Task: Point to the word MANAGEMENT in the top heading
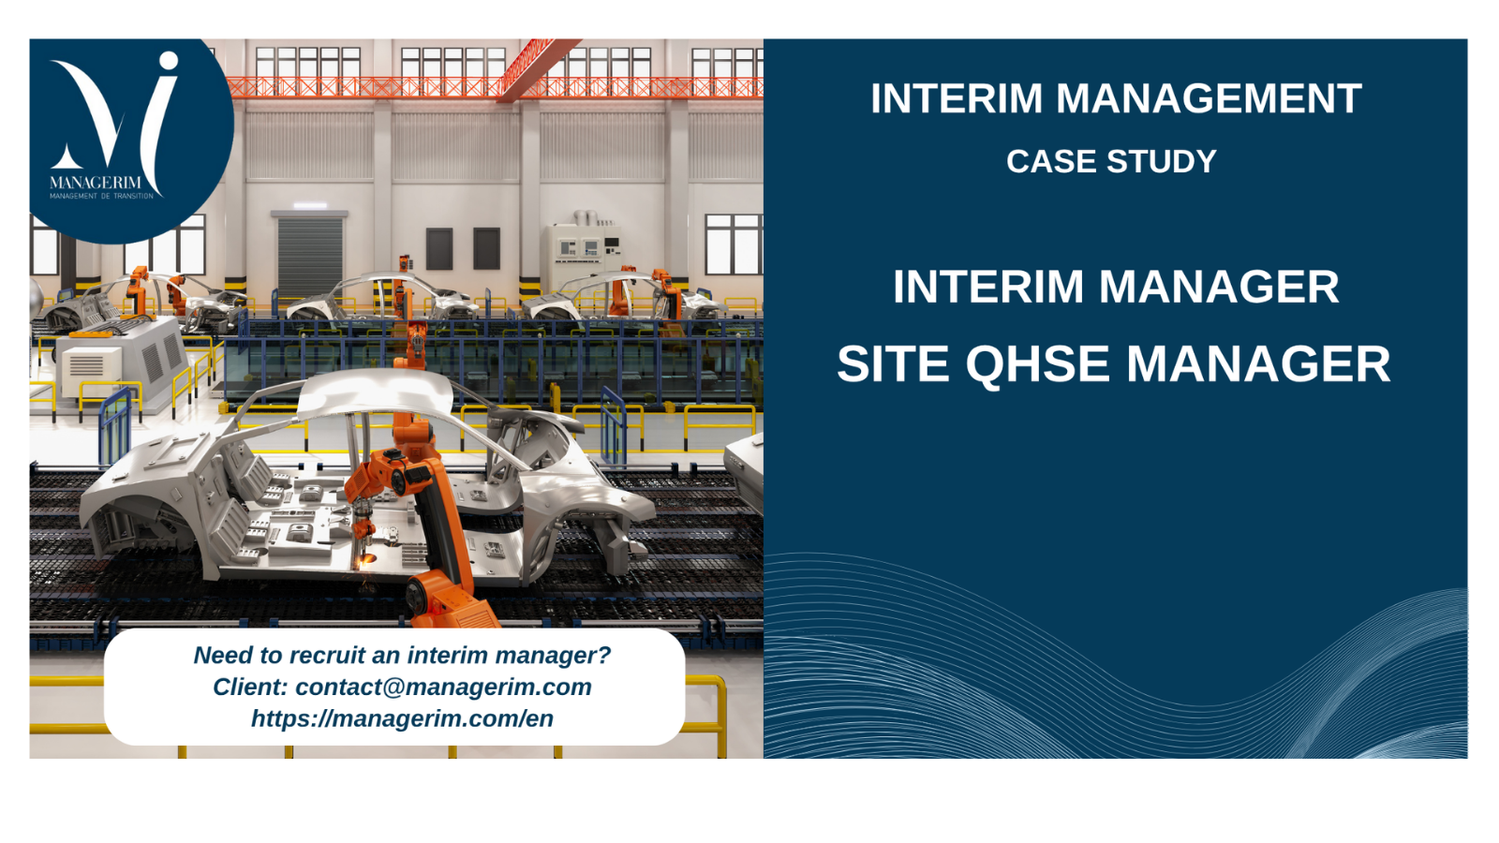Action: [x=1209, y=98]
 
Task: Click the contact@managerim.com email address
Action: [x=444, y=688]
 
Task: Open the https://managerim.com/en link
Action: [x=402, y=718]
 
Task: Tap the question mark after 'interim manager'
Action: [x=603, y=655]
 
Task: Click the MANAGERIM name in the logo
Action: [x=96, y=183]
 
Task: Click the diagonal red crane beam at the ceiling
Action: [x=538, y=69]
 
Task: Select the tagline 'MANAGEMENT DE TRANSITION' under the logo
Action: [x=102, y=196]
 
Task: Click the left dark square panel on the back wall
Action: [x=439, y=248]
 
